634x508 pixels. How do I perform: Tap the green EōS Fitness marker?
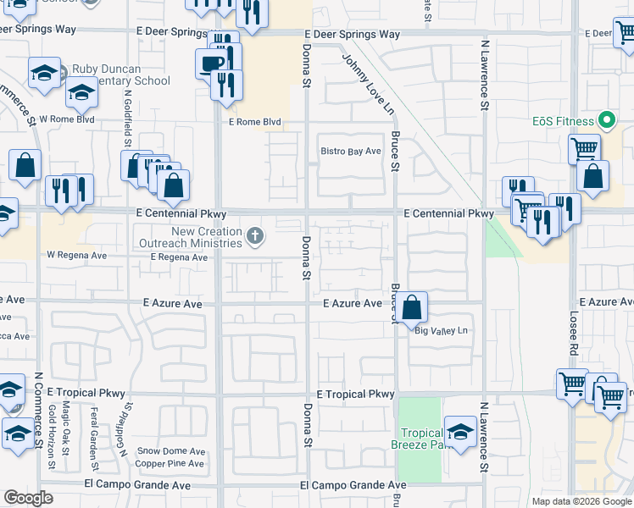coord(608,121)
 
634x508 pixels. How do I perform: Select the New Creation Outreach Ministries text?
coord(207,237)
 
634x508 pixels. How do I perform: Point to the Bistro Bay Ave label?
coord(351,152)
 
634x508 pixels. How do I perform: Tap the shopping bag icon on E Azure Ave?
coord(412,307)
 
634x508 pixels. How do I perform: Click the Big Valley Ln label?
coord(441,331)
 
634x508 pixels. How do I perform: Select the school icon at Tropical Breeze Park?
coord(459,432)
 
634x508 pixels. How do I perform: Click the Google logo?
coord(28,498)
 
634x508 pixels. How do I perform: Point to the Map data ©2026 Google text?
coord(581,500)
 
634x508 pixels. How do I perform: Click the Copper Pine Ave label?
coord(170,464)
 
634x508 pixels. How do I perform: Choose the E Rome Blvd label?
coord(254,122)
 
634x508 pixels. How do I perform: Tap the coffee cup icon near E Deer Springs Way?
coord(210,63)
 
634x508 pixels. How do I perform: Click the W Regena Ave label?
coord(77,254)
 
